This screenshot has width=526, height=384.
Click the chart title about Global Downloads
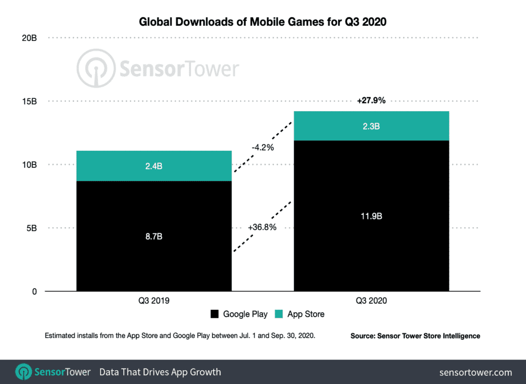click(262, 22)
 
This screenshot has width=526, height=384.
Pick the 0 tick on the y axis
click(35, 292)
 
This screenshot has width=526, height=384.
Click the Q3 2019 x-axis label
click(154, 301)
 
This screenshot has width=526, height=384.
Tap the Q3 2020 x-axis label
click(371, 301)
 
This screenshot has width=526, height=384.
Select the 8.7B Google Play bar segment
click(154, 236)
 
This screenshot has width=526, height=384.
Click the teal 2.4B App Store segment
click(154, 166)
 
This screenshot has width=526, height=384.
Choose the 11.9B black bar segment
click(371, 216)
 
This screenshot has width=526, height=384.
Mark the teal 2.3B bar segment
click(371, 126)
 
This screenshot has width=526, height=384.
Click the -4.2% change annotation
click(262, 148)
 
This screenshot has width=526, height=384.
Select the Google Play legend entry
click(239, 314)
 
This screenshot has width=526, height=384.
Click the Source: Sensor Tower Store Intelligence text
click(415, 336)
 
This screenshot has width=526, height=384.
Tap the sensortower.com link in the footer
click(476, 372)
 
